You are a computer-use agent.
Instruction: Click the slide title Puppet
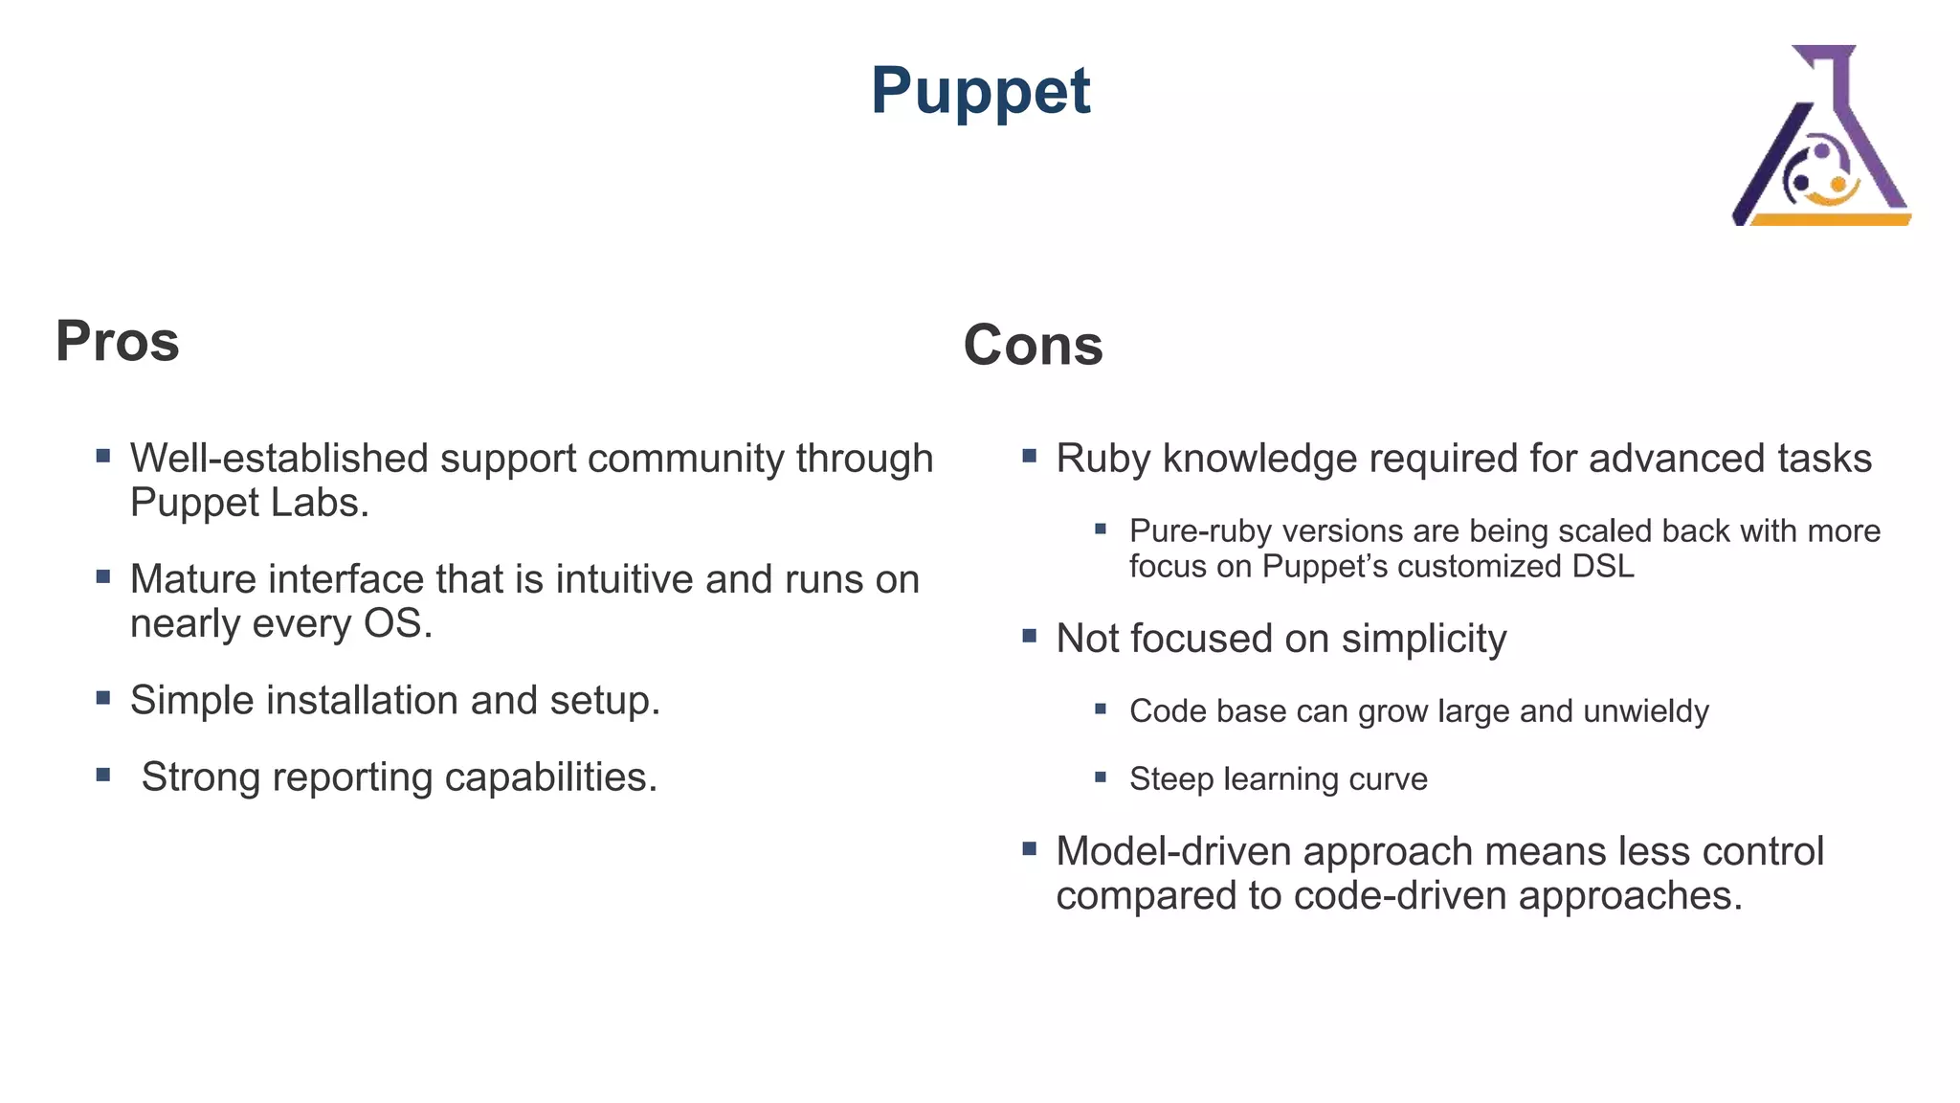click(980, 92)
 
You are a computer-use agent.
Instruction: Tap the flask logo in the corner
click(1820, 136)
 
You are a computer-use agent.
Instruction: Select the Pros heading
click(117, 341)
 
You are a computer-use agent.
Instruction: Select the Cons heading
click(1033, 345)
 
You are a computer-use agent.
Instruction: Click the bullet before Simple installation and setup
click(103, 698)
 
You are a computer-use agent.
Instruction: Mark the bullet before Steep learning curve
click(1101, 777)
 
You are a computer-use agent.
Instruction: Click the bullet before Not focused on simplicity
click(1030, 636)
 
